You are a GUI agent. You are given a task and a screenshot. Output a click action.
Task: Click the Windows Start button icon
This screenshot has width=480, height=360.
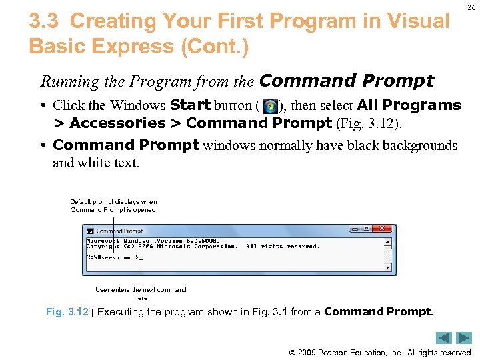[270, 106]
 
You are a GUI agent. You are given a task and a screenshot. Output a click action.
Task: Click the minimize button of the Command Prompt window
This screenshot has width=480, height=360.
[354, 229]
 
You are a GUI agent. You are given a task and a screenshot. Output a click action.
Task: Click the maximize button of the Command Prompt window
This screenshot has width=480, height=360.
[367, 229]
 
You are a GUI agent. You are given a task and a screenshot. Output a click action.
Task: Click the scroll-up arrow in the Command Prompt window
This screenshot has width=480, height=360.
[387, 241]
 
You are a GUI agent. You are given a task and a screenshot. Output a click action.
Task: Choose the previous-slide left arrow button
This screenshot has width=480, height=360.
[445, 338]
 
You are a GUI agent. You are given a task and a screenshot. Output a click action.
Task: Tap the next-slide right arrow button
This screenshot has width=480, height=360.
[464, 338]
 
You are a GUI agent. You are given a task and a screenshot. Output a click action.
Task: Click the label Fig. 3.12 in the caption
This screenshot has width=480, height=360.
[67, 312]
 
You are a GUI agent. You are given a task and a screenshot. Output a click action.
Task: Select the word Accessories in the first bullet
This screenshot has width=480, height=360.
[117, 123]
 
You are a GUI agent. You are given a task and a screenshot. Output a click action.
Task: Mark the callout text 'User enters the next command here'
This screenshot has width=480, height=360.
[141, 293]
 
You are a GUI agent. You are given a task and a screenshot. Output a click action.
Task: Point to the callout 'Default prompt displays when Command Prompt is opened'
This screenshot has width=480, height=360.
[113, 205]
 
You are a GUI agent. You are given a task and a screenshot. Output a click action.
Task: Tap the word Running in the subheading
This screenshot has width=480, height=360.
[65, 82]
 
